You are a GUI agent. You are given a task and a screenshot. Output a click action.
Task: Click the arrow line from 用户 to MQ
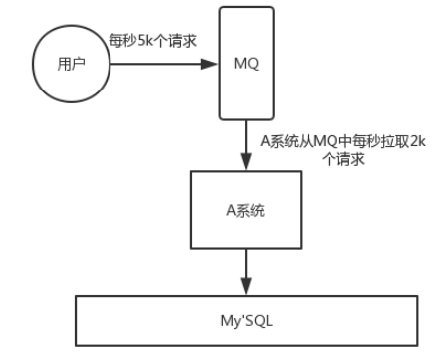point(159,63)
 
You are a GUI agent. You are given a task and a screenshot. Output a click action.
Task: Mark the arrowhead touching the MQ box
point(211,63)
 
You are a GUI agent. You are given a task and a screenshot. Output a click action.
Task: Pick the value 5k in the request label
point(144,40)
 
